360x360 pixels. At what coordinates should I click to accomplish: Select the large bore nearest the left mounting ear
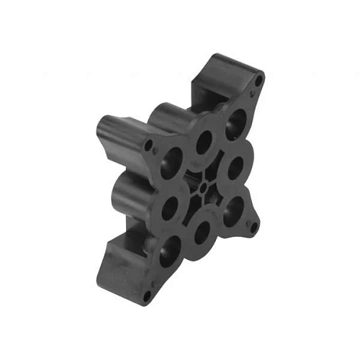(171, 158)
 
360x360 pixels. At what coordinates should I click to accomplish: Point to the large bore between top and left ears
(204, 139)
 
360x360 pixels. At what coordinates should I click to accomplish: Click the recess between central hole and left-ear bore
(189, 175)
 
